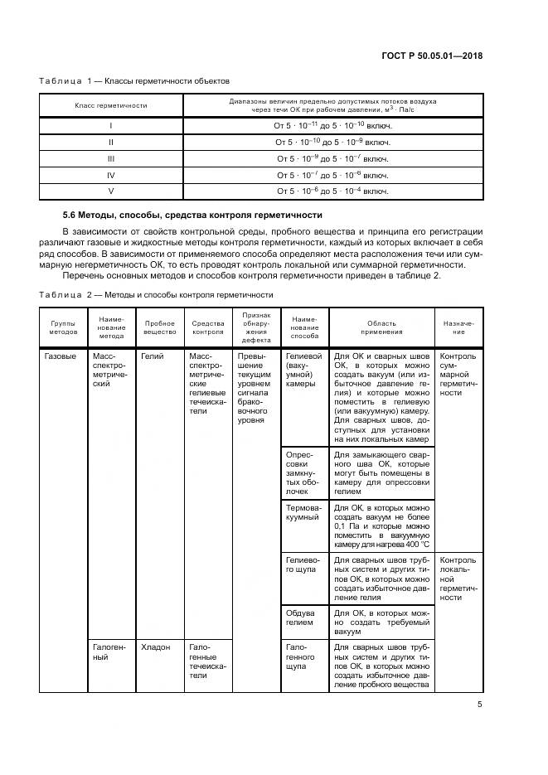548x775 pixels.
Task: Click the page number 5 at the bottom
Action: coord(480,705)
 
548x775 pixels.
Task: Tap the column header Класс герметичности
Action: coord(111,106)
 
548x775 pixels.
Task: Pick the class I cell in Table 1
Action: coord(111,125)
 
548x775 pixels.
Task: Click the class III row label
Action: coord(111,158)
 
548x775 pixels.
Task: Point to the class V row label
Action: coord(111,191)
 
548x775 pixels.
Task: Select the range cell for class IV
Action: coord(332,175)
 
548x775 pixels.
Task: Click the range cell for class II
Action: coord(332,142)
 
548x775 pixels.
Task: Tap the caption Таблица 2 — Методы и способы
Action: coord(156,294)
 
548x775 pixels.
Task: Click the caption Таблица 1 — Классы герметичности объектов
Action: coord(134,81)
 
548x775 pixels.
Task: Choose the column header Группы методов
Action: coord(63,327)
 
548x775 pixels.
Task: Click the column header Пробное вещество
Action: coord(160,327)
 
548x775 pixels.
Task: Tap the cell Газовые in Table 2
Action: coord(60,356)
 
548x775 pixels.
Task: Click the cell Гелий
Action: coord(153,356)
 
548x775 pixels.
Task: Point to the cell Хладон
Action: coord(156,647)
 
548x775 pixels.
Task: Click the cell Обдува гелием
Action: coord(300,616)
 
